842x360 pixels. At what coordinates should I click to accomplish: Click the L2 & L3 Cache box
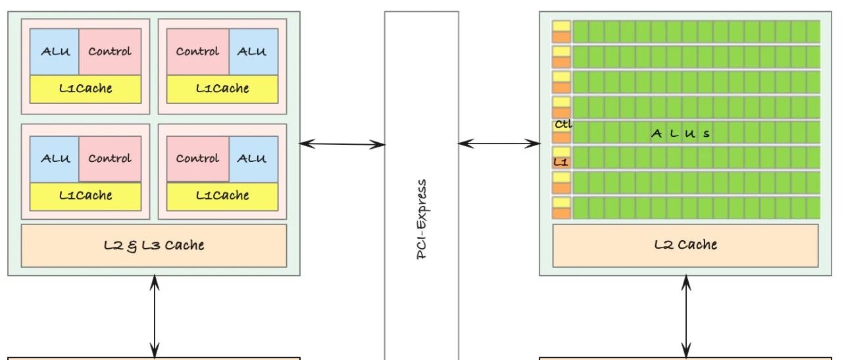coord(154,245)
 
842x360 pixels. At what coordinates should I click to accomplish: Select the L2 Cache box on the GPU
coord(685,245)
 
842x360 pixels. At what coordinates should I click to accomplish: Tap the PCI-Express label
coord(422,219)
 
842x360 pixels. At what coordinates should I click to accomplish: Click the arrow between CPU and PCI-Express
coord(342,143)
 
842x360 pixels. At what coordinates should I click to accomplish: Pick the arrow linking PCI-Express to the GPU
coord(499,143)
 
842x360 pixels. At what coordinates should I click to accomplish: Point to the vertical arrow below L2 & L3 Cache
coord(155,316)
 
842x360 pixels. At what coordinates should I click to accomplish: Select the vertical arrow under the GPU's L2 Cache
coord(686,316)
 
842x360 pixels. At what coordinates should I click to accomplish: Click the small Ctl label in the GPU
coord(562,124)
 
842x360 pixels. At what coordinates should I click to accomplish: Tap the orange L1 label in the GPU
coord(560,161)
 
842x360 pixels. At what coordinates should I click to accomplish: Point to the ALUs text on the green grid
coord(680,134)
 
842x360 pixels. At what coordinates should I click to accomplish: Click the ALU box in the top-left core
coord(55,51)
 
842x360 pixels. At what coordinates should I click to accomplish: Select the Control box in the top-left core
coord(110,51)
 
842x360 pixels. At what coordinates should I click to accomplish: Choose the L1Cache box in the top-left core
coord(86,89)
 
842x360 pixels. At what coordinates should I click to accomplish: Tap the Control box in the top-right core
coord(198,51)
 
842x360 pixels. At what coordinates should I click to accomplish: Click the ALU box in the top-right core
coord(253,51)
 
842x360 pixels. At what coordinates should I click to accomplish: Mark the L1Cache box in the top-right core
coord(222,89)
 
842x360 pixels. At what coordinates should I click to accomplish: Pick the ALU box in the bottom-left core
coord(55,159)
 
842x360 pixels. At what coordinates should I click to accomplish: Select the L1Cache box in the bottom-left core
coord(86,196)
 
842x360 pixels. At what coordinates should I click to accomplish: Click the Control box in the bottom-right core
coord(198,159)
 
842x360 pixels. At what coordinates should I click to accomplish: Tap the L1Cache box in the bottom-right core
coord(222,196)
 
